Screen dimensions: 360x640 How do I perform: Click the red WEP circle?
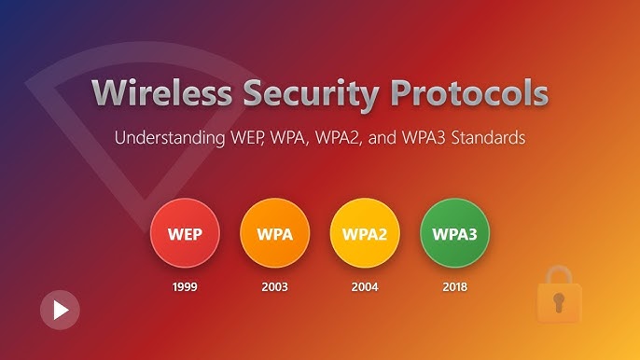click(x=185, y=234)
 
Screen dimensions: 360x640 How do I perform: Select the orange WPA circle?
click(x=274, y=234)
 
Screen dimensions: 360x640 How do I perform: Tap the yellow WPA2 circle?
click(x=365, y=234)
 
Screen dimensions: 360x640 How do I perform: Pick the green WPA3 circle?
click(x=454, y=234)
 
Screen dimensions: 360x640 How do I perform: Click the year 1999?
click(x=185, y=286)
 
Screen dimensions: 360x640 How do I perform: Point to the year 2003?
click(x=274, y=286)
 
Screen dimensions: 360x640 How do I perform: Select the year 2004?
click(x=365, y=286)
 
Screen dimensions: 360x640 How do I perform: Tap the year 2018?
click(x=454, y=286)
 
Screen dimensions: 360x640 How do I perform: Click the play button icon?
click(x=60, y=310)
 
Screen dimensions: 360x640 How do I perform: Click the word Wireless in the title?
click(x=163, y=94)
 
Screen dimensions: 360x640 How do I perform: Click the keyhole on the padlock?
click(x=559, y=302)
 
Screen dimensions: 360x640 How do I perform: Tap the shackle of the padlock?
click(x=559, y=275)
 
